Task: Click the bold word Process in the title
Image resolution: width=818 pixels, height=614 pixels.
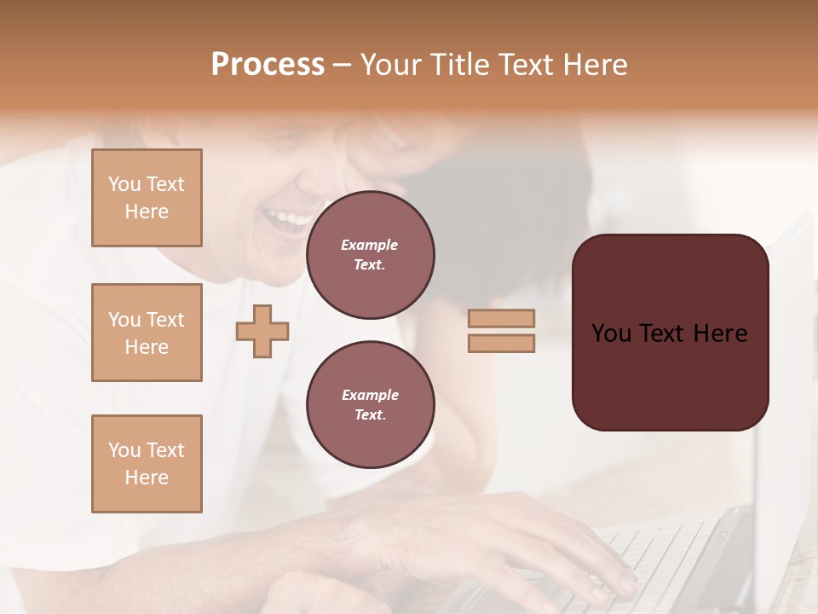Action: (268, 65)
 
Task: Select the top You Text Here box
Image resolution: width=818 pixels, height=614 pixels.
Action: (147, 198)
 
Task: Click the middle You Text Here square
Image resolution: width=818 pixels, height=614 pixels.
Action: (147, 333)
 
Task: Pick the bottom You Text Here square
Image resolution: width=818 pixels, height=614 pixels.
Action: (147, 464)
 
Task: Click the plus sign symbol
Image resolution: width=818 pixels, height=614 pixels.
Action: (262, 331)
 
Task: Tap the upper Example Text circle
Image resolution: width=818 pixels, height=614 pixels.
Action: (370, 255)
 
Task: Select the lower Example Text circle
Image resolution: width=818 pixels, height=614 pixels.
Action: (370, 404)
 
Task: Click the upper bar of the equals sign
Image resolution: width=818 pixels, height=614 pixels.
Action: (501, 319)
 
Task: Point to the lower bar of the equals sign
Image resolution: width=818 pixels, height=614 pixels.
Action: (501, 343)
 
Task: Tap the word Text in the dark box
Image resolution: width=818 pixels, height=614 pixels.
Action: (668, 333)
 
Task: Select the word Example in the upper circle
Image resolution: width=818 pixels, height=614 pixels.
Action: (369, 246)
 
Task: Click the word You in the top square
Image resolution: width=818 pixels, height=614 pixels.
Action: (124, 184)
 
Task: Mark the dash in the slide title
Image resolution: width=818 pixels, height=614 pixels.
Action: (343, 65)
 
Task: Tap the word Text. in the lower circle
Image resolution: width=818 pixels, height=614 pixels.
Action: (369, 415)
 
